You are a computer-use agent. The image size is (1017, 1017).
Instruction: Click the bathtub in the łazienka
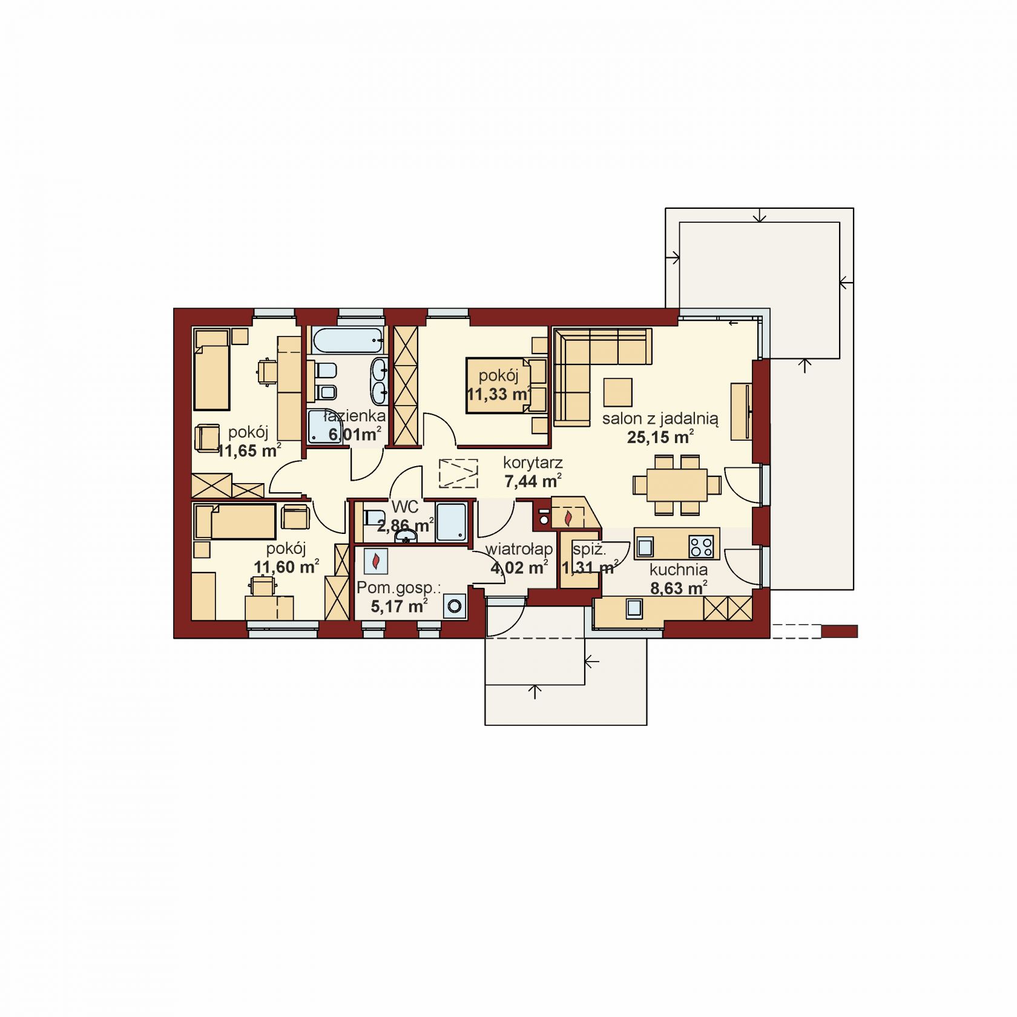click(348, 341)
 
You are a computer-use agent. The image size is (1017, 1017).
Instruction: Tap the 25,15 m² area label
click(660, 437)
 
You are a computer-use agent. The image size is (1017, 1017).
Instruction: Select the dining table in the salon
click(677, 484)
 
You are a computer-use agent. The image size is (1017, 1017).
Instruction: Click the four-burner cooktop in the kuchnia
click(702, 547)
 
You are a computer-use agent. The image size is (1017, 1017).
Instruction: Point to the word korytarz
click(533, 463)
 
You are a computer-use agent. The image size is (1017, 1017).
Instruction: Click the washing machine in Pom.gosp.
click(455, 605)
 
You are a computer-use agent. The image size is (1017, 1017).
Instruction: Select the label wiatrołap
click(519, 549)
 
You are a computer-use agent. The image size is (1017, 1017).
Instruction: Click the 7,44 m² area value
click(533, 481)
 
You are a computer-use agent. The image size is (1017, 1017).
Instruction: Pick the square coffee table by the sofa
click(617, 392)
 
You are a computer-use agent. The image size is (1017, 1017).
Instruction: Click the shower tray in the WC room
click(451, 522)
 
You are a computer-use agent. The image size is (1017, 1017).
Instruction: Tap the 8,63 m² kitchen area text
click(679, 588)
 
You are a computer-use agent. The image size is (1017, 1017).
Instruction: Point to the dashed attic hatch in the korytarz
click(458, 473)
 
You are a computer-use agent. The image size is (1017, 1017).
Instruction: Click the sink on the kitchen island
click(645, 547)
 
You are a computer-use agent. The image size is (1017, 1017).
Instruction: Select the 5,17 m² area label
click(399, 606)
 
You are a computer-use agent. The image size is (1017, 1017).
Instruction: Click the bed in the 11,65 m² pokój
click(212, 369)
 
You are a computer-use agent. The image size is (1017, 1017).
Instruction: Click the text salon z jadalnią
click(660, 419)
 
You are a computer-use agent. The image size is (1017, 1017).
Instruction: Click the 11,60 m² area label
click(286, 567)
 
